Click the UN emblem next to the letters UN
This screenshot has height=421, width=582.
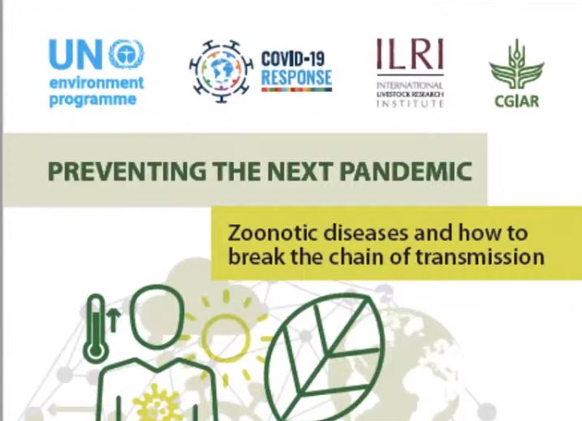(x=127, y=54)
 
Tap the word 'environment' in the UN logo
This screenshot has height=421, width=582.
(x=97, y=83)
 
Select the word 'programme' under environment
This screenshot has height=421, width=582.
(x=93, y=100)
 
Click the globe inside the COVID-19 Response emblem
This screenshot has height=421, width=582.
(x=222, y=71)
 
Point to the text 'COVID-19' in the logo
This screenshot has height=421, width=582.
(x=293, y=58)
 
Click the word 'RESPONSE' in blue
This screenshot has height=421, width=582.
(x=296, y=77)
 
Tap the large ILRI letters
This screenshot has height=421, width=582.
(x=410, y=54)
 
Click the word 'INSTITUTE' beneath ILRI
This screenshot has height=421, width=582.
(x=410, y=103)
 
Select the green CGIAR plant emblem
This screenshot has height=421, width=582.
(x=516, y=65)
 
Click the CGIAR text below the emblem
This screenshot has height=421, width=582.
(x=516, y=101)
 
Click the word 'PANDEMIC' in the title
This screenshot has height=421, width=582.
(x=406, y=171)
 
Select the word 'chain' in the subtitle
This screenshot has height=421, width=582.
(x=356, y=256)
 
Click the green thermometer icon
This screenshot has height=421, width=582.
(x=96, y=328)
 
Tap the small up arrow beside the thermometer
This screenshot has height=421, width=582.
(x=114, y=320)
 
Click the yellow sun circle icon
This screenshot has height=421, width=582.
(x=225, y=337)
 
